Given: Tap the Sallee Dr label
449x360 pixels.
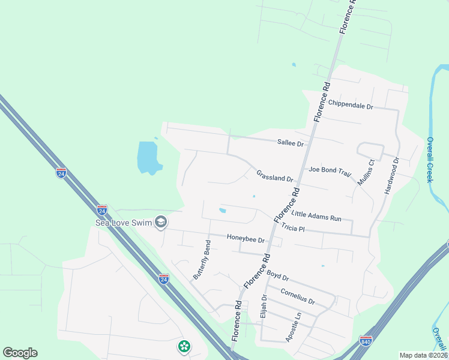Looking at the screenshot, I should click(291, 144).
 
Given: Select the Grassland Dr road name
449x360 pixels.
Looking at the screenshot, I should click(274, 176).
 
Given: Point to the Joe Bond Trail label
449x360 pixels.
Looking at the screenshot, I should click(329, 170).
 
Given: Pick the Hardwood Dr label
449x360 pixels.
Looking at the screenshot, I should click(391, 175).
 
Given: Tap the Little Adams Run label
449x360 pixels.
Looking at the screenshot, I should click(316, 216).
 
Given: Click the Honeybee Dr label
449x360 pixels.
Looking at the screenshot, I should click(246, 239).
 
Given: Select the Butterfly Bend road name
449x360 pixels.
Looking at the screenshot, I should click(202, 260).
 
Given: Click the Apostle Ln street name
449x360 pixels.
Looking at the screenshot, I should click(293, 327).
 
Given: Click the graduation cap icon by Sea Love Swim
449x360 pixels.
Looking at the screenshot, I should click(160, 223).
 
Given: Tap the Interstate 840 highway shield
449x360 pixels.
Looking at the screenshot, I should click(366, 340).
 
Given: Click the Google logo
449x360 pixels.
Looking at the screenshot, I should click(20, 353).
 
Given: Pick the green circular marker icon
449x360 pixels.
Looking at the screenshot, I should click(184, 346).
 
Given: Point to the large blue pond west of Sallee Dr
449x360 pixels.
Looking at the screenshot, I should click(148, 157).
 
